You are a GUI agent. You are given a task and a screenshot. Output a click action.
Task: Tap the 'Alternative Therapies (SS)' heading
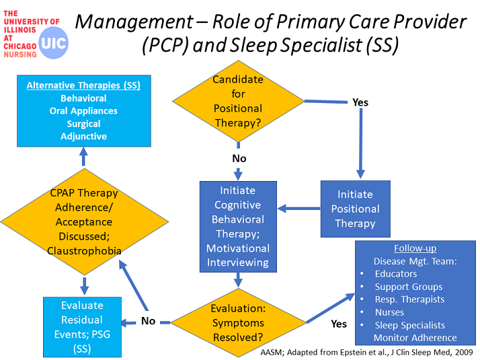[x=83, y=85]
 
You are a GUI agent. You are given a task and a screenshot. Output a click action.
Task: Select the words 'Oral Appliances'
[x=83, y=110]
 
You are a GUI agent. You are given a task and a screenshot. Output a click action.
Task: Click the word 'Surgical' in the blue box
[x=83, y=123]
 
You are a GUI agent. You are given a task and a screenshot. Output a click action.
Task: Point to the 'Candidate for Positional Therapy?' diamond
[x=238, y=101]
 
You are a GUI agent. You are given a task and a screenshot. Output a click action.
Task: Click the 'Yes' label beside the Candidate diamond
[x=360, y=102]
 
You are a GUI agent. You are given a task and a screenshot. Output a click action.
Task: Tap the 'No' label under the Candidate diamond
[x=239, y=158]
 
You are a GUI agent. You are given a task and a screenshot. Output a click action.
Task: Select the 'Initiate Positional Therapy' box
[x=356, y=209]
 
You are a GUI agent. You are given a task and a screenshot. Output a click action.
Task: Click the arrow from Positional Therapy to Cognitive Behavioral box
[x=298, y=209]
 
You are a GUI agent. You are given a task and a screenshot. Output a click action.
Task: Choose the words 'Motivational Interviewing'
[x=238, y=255]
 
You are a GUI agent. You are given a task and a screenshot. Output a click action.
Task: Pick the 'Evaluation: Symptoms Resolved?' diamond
[x=238, y=322]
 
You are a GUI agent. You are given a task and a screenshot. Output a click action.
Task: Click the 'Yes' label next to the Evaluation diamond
[x=339, y=324]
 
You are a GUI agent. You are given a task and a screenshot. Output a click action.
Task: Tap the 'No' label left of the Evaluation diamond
[x=148, y=321]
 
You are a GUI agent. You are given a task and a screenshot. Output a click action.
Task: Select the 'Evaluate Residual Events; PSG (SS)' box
[x=82, y=327]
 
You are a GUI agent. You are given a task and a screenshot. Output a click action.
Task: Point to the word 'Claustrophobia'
[x=84, y=251]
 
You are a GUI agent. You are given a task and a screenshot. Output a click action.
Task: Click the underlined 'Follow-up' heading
[x=415, y=248]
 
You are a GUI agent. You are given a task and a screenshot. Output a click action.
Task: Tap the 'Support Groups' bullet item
[x=409, y=287]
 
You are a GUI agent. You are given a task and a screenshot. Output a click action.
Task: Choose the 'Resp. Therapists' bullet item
[x=409, y=299]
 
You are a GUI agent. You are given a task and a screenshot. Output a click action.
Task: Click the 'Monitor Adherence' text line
[x=415, y=338]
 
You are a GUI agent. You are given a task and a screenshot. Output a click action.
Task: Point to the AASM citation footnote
[x=367, y=353]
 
